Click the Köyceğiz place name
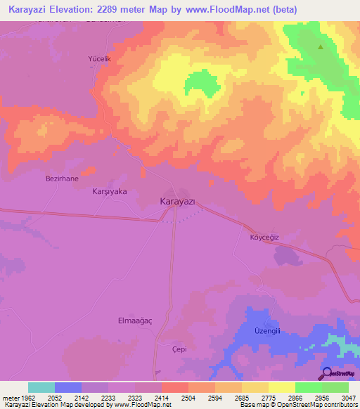pos(265,237)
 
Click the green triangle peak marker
pos(321,47)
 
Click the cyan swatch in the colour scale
pos(41,387)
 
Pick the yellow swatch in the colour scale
pos(282,387)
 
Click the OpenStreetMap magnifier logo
pos(326,373)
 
